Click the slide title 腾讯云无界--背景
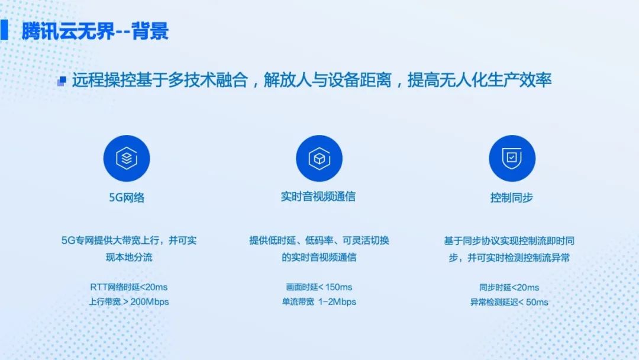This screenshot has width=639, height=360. (95, 31)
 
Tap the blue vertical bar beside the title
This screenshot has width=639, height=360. (4, 30)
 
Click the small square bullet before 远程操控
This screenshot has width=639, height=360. (62, 81)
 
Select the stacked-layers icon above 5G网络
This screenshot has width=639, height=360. (127, 158)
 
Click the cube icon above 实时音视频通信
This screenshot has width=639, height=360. (319, 158)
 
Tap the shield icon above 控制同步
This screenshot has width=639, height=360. (512, 158)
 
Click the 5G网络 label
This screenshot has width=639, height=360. (127, 198)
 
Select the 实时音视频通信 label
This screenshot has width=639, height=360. (318, 197)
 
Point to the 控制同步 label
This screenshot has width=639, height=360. (511, 198)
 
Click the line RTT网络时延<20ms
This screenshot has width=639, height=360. (129, 287)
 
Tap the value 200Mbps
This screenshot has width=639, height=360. (150, 302)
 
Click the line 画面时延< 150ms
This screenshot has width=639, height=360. (319, 287)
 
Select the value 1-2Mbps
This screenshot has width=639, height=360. (337, 302)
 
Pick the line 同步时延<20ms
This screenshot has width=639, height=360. (509, 287)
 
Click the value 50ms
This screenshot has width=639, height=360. (537, 302)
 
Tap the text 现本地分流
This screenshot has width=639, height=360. (129, 257)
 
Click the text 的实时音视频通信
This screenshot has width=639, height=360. (319, 257)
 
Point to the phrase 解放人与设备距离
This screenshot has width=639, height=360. (328, 80)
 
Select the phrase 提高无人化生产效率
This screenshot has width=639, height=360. (480, 80)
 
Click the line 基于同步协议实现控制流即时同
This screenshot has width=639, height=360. (509, 241)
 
